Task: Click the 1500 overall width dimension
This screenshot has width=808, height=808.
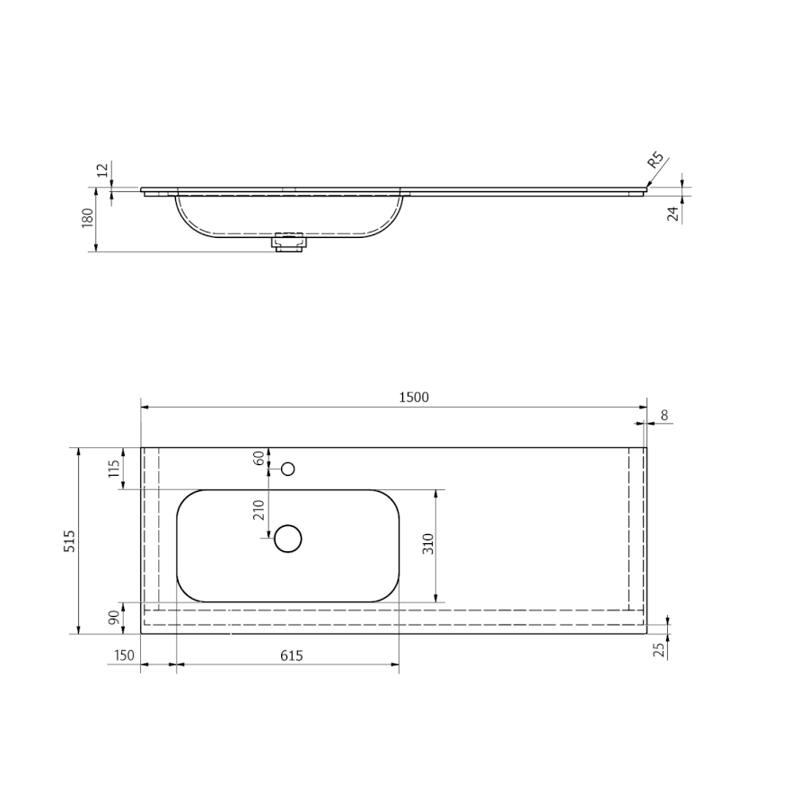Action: [x=414, y=398]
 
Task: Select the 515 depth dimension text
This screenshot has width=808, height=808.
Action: [x=69, y=540]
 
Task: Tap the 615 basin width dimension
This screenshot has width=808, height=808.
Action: [x=292, y=655]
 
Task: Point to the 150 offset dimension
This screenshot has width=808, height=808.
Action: [x=124, y=655]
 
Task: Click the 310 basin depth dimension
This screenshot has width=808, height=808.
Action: [x=428, y=544]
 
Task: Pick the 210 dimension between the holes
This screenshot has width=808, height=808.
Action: [x=259, y=510]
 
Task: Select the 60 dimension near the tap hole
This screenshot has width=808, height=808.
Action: [x=259, y=458]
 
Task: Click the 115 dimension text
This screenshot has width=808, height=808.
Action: [x=114, y=469]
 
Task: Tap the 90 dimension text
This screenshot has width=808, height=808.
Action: [x=115, y=617]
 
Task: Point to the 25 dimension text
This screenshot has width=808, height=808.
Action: [x=659, y=650]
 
